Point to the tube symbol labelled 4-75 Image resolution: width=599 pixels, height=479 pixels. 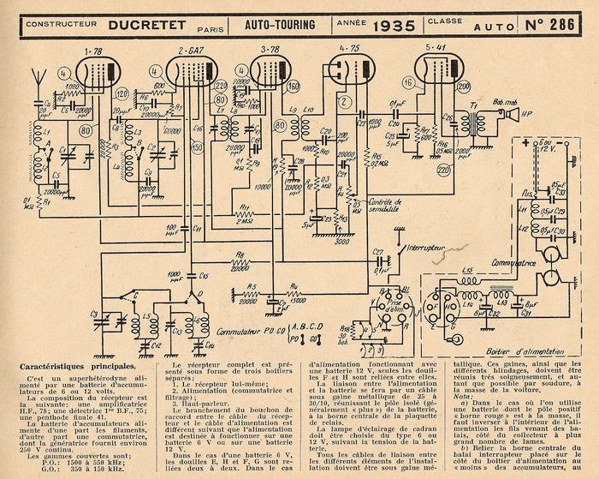(347, 71)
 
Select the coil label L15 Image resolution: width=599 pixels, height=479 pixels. (467, 273)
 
